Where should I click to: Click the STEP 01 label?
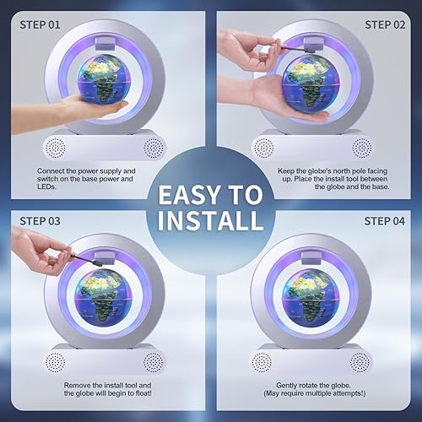[40, 24]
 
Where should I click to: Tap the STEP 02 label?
[385, 24]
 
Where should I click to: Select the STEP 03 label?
[40, 221]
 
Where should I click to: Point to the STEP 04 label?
[385, 221]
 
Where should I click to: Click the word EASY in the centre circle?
[189, 195]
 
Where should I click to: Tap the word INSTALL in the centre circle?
[210, 220]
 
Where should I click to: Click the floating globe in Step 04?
[311, 298]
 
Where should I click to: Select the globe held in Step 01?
[105, 84]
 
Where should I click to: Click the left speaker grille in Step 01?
[56, 148]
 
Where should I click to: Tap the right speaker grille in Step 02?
[362, 148]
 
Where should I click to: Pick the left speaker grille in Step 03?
[56, 362]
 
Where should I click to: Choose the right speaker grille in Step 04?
[360, 362]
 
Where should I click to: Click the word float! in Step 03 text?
[143, 393]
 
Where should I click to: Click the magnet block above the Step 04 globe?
[311, 258]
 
